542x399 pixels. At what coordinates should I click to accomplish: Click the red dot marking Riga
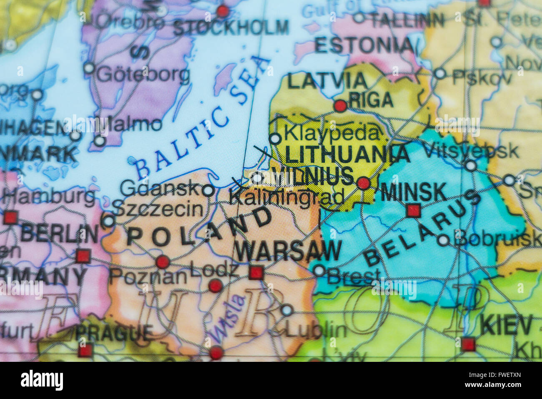coord(340,106)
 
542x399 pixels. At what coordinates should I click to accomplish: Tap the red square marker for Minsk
coord(413,210)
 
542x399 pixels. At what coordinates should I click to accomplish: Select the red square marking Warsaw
coord(256,273)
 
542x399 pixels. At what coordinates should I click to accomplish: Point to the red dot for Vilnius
coord(364,183)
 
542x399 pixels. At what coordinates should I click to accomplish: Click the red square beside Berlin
coord(83,255)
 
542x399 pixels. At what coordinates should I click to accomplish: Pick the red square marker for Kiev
coord(468,344)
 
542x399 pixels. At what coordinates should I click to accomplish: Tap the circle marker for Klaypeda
coord(275,139)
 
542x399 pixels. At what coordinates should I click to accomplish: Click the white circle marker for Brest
coord(319,270)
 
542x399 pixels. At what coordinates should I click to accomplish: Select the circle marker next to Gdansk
coord(208,191)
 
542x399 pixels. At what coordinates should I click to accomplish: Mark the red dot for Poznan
coord(162,262)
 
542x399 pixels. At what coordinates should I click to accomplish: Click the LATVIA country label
coord(327,81)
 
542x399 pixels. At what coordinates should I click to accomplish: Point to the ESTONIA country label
coord(364,45)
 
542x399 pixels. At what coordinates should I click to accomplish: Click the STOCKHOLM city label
coord(231,28)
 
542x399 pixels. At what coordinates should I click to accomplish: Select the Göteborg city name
coord(143,75)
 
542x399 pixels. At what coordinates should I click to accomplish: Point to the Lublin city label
coord(316,330)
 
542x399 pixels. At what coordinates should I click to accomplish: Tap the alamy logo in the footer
coord(42,380)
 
